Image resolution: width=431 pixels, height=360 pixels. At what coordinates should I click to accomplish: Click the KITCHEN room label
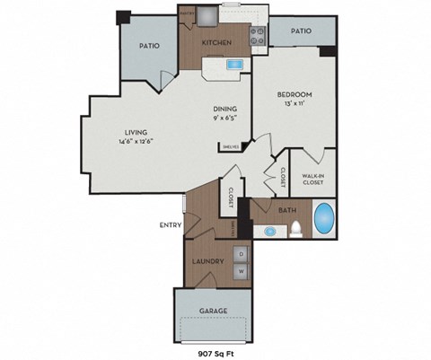click(218, 43)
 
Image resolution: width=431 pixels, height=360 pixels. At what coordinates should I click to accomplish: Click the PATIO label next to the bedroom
click(301, 31)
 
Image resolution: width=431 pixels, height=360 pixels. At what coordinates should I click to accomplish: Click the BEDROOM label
click(294, 94)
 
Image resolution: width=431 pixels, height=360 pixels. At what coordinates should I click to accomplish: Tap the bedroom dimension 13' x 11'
click(294, 105)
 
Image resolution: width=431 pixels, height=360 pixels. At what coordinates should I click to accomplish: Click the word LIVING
click(136, 134)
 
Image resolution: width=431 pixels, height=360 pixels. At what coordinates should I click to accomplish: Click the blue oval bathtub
click(324, 218)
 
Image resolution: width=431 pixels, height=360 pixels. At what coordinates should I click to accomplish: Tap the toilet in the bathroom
click(294, 231)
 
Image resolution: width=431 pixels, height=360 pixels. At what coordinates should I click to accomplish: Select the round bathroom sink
click(269, 231)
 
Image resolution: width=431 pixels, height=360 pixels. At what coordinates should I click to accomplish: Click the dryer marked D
click(242, 254)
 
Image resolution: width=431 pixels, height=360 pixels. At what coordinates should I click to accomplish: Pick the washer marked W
click(242, 269)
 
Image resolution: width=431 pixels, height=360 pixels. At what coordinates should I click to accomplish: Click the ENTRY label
click(171, 224)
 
